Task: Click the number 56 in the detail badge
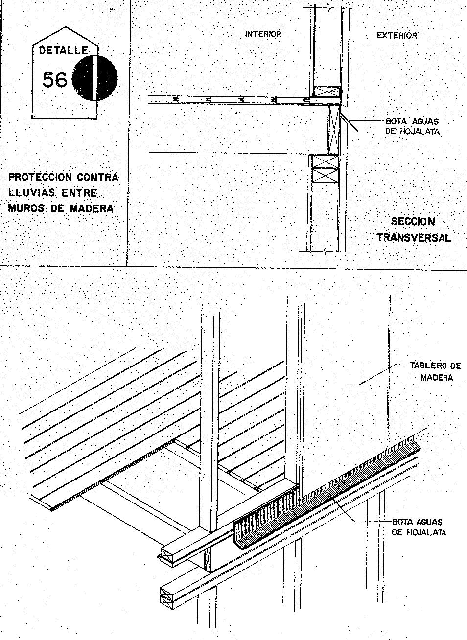click(54, 79)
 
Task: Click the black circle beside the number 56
click(95, 78)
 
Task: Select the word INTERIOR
click(263, 34)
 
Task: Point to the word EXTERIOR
click(397, 35)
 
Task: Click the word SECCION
click(413, 222)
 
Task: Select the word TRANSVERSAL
click(414, 238)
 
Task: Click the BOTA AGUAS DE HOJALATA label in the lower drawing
click(419, 527)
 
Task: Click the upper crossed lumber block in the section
click(327, 91)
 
